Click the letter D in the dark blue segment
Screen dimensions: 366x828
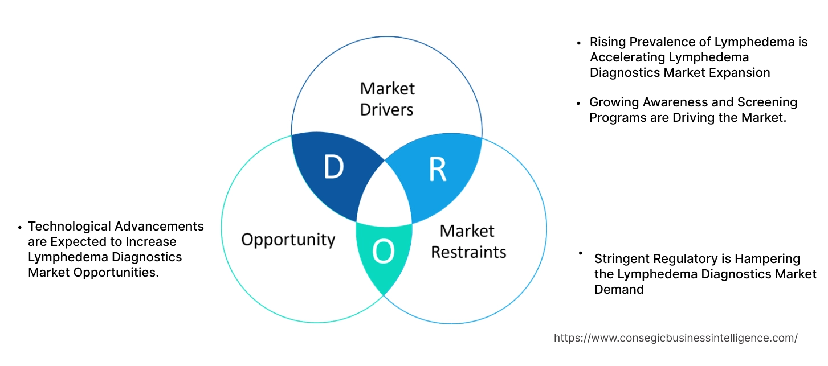click(x=333, y=167)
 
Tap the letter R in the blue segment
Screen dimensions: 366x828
click(x=437, y=169)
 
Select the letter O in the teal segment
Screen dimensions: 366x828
click(x=384, y=252)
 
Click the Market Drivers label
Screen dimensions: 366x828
click(x=387, y=98)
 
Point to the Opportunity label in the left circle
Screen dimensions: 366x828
click(x=288, y=239)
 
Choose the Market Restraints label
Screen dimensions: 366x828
click(x=468, y=241)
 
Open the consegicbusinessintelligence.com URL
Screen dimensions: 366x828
click(x=675, y=338)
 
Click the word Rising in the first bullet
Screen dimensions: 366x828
click(x=607, y=42)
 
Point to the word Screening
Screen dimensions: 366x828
click(x=771, y=102)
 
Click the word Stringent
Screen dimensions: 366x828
click(x=622, y=259)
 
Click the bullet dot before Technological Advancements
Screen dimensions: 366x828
click(x=21, y=227)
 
